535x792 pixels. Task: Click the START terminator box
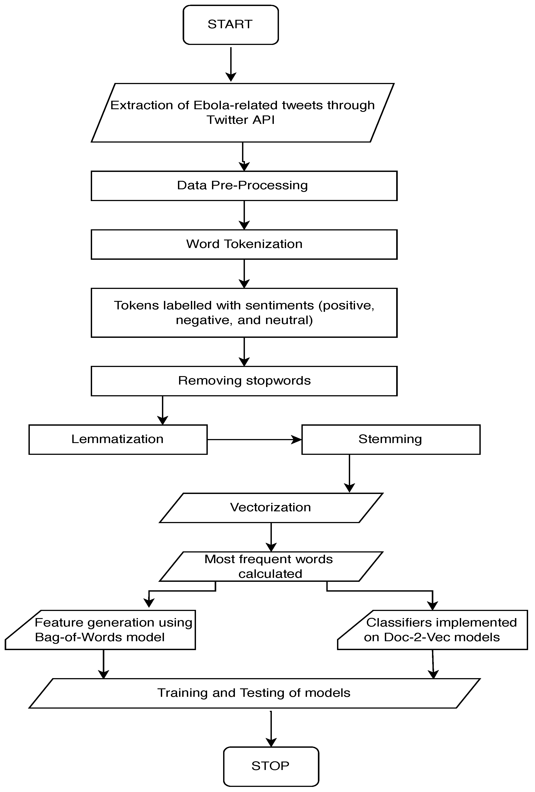pyautogui.click(x=231, y=24)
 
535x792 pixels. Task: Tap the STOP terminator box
pyautogui.click(x=271, y=766)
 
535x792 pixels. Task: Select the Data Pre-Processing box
pyautogui.click(x=244, y=186)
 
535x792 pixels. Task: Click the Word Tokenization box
pyautogui.click(x=244, y=244)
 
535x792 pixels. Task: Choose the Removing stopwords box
pyautogui.click(x=244, y=381)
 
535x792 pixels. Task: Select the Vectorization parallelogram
pyautogui.click(x=271, y=508)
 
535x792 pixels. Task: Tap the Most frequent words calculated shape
pyautogui.click(x=271, y=566)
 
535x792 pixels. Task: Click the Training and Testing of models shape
pyautogui.click(x=254, y=693)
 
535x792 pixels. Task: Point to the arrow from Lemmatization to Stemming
pyautogui.click(x=254, y=440)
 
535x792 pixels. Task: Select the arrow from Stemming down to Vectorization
pyautogui.click(x=350, y=474)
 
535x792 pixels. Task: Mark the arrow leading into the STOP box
pyautogui.click(x=271, y=729)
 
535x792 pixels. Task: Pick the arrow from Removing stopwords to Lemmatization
pyautogui.click(x=163, y=410)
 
